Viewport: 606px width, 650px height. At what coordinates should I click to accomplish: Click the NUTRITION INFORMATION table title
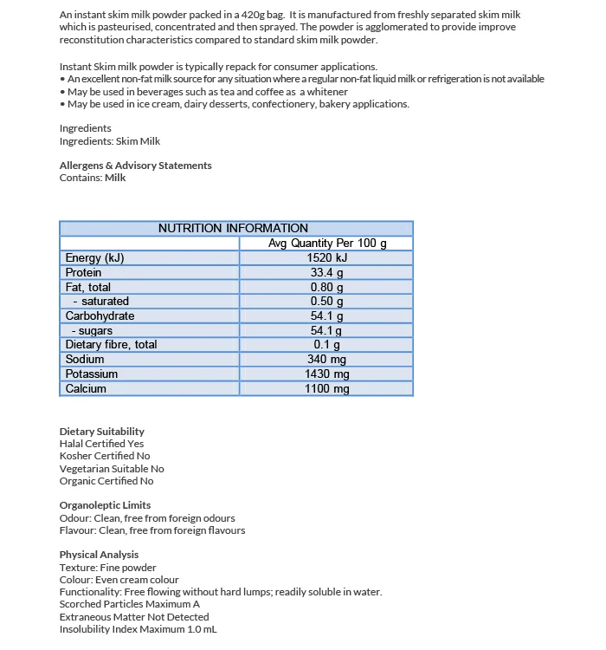point(233,228)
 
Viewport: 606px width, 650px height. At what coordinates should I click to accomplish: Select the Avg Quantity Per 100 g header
point(326,243)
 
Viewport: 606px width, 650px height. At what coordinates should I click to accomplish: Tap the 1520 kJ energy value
point(326,257)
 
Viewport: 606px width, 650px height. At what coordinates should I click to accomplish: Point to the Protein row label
point(83,272)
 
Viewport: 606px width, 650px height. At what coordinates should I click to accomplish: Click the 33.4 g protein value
point(326,272)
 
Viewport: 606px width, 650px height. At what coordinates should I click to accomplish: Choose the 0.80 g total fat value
point(326,287)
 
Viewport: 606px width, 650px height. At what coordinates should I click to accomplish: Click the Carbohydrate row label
point(100,315)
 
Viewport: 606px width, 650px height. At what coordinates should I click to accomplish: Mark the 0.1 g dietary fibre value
point(326,345)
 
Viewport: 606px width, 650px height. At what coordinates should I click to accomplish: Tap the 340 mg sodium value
point(326,359)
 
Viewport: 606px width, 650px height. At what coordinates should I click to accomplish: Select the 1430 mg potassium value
point(326,374)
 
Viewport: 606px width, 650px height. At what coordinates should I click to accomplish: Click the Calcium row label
point(86,388)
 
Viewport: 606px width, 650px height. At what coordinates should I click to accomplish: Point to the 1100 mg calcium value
point(326,388)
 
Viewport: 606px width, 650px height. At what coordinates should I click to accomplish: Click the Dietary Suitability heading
point(102,431)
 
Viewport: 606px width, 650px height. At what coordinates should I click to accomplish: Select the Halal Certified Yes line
point(102,444)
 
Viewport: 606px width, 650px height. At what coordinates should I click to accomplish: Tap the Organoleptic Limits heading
point(105,504)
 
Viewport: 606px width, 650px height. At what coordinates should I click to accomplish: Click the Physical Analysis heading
point(99,555)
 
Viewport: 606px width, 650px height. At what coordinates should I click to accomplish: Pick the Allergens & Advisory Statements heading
point(135,165)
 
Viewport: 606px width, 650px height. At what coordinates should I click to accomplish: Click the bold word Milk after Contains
point(115,178)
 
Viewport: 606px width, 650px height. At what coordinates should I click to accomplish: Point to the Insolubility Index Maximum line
point(139,629)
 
